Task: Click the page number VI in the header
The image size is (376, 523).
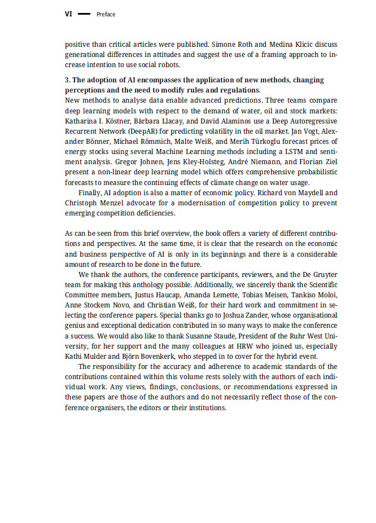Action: pos(68,14)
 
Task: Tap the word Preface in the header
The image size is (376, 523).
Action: pos(106,14)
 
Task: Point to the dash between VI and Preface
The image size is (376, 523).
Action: pos(84,14)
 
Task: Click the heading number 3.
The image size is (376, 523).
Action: pos(67,81)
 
